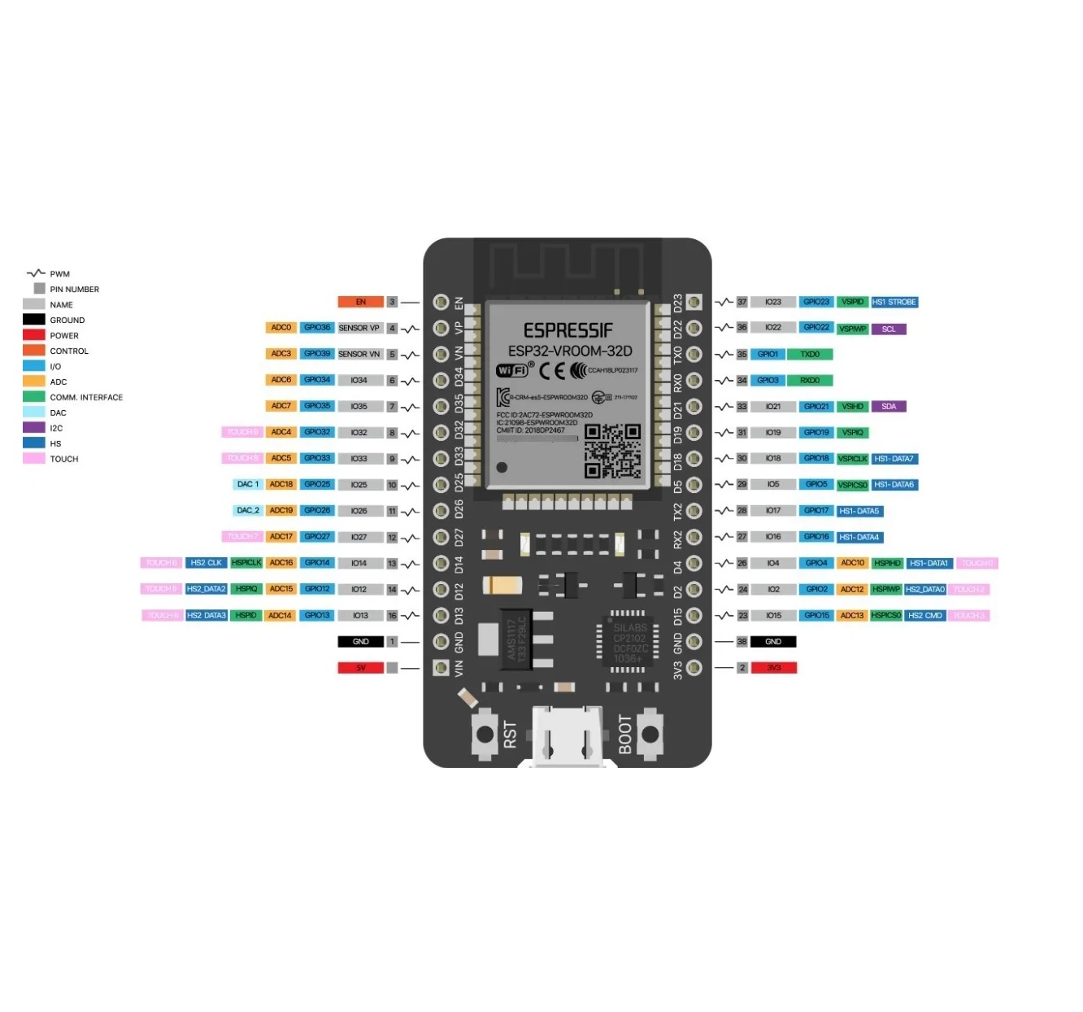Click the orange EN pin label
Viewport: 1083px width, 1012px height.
[x=360, y=302]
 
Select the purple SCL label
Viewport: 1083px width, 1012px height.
[x=888, y=329]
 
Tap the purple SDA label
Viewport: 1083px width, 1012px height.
[x=888, y=406]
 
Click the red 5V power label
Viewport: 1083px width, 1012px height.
[x=360, y=668]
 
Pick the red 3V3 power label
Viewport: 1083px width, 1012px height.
[x=773, y=668]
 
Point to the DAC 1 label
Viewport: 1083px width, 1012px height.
[x=247, y=484]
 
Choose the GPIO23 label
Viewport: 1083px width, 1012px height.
[x=816, y=302]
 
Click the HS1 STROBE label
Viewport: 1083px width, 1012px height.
[x=894, y=302]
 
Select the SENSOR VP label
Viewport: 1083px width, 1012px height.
[x=359, y=328]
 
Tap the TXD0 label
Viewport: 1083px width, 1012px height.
[x=810, y=354]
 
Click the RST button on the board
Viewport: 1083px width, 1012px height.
[x=485, y=734]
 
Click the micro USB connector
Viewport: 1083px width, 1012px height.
[x=568, y=736]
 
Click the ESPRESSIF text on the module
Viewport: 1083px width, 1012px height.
[x=568, y=330]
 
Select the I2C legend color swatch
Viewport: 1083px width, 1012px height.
[x=34, y=428]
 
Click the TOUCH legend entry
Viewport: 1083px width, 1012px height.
[x=63, y=459]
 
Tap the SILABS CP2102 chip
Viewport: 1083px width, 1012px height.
[x=628, y=643]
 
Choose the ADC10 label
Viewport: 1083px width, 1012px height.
[x=852, y=563]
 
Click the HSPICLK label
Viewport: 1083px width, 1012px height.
[x=246, y=563]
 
